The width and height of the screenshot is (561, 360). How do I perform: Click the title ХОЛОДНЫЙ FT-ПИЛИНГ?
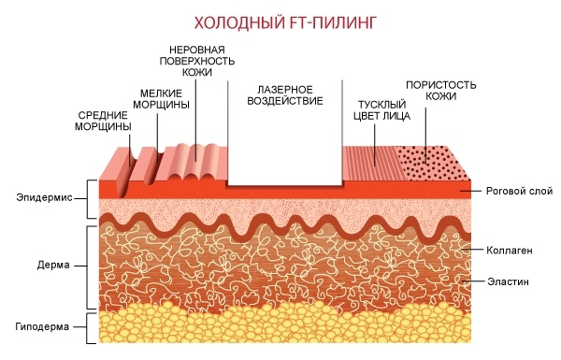[x=285, y=22]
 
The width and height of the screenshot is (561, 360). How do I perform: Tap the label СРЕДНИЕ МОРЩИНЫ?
[x=103, y=121]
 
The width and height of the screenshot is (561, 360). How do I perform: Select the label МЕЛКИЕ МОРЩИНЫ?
[x=161, y=99]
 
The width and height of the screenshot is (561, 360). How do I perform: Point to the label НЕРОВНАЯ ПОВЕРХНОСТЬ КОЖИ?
[x=196, y=61]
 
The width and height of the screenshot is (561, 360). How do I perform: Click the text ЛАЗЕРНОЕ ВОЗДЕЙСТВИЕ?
[x=285, y=95]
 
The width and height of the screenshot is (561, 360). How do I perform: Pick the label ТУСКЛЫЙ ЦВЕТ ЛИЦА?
[x=381, y=110]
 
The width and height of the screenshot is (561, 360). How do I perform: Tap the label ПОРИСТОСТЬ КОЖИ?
[x=440, y=91]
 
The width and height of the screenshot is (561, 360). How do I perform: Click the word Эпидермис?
[x=44, y=197]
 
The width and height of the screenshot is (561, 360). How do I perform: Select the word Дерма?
[x=53, y=266]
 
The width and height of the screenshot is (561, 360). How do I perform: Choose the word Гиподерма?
[x=42, y=326]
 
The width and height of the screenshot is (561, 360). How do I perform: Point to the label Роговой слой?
[x=519, y=191]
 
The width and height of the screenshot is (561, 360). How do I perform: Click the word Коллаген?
[x=510, y=251]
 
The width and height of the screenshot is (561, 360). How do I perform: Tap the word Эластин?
[x=508, y=281]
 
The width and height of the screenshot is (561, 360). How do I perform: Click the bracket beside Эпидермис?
[x=88, y=199]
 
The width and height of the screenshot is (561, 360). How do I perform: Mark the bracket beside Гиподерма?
[x=88, y=328]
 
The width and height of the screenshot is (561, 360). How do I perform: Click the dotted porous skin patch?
[x=432, y=163]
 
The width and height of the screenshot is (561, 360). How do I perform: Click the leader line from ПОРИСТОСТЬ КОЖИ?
[x=425, y=135]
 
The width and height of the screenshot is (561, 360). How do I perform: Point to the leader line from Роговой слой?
[x=471, y=191]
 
